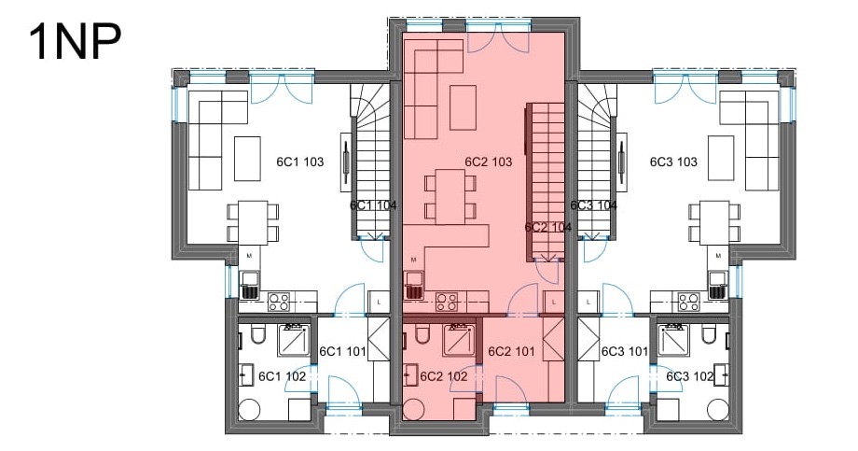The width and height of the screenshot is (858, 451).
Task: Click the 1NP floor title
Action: (75, 42)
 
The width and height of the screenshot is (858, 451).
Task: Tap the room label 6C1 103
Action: (300, 162)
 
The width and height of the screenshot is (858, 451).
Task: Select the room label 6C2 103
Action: (489, 162)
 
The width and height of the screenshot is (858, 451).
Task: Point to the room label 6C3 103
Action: (673, 162)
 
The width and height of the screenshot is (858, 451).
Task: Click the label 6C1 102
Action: (282, 376)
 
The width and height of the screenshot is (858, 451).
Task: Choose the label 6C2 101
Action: (511, 351)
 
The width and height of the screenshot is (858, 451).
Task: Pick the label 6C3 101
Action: (625, 351)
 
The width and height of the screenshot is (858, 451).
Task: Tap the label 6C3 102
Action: (690, 376)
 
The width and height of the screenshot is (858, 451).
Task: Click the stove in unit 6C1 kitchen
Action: (279, 302)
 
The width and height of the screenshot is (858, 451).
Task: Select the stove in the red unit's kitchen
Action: (447, 302)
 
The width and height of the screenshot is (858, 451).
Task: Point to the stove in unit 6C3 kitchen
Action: (689, 302)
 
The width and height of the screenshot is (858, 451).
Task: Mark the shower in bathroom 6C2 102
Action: (459, 340)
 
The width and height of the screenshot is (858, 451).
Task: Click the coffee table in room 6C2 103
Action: (463, 106)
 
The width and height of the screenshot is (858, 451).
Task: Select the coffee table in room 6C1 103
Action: (247, 159)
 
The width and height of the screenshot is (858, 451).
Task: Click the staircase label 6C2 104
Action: (547, 228)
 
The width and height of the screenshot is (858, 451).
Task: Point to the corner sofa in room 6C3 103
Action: (750, 140)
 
